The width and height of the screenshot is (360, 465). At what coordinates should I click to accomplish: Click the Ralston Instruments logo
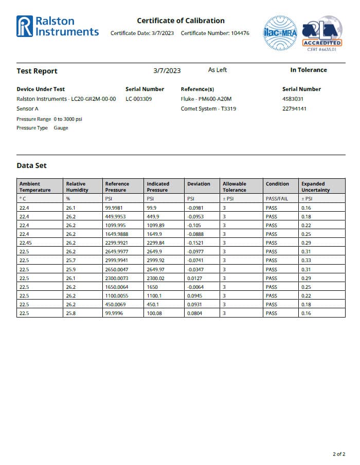(57, 26)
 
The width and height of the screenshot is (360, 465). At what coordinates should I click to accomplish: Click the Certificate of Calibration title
(181, 21)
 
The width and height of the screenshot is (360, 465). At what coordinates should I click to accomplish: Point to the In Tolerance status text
(308, 70)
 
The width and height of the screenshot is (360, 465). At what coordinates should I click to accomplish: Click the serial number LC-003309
(138, 99)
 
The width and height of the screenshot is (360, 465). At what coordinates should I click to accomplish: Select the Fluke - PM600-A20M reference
(206, 99)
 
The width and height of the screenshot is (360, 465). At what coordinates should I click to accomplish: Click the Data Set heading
(31, 165)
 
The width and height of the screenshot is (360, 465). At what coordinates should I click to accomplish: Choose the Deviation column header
(199, 183)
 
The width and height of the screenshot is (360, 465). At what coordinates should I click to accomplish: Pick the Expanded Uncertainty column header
(315, 187)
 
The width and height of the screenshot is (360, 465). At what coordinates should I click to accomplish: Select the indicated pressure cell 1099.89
(155, 225)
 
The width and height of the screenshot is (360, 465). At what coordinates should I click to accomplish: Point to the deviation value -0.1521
(195, 243)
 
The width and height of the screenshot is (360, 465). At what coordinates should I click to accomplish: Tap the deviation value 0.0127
(195, 278)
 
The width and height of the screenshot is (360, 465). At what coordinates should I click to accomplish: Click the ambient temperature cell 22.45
(26, 243)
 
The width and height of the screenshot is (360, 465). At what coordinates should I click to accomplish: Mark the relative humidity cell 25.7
(71, 261)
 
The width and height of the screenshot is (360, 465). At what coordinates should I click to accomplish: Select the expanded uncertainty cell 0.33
(306, 261)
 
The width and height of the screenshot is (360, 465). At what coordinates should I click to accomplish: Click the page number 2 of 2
(339, 454)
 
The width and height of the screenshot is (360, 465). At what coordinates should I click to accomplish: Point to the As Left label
(217, 70)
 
